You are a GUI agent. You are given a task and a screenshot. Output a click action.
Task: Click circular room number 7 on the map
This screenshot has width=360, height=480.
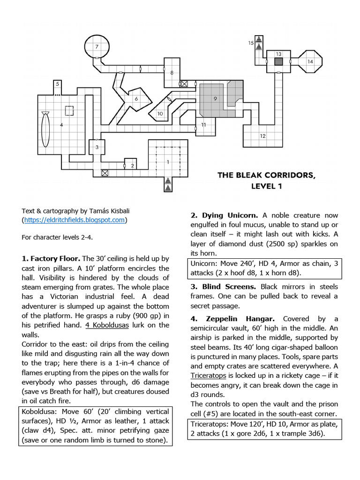97,46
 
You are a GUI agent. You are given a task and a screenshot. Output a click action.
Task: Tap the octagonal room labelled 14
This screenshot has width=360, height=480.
310,61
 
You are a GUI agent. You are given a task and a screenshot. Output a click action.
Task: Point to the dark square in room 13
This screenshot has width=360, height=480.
278,61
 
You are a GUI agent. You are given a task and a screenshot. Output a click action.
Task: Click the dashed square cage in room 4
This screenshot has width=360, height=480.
69,111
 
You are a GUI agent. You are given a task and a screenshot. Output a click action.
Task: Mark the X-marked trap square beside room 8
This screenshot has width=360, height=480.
185,84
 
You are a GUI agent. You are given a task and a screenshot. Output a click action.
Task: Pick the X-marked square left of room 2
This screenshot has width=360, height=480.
105,173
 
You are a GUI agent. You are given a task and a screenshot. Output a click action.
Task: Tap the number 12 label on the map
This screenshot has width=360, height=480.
262,136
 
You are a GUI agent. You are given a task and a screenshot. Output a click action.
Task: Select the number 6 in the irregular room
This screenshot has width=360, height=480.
136,99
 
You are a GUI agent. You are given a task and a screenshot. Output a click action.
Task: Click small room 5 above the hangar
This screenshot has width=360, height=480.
57,84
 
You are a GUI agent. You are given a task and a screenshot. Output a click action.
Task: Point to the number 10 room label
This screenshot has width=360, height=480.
160,113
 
